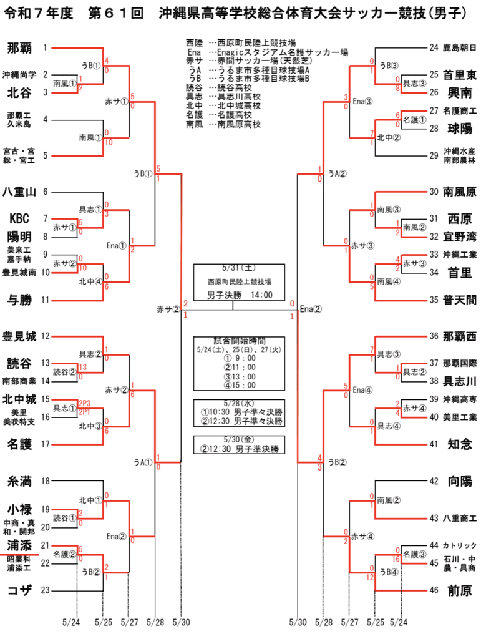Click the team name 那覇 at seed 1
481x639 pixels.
[x=19, y=48]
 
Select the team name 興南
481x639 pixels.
[x=459, y=93]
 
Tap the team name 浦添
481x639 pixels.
[x=19, y=545]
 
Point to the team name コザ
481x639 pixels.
[x=19, y=590]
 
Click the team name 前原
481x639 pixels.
[x=459, y=590]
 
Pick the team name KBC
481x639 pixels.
[x=19, y=218]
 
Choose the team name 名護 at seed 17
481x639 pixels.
[x=19, y=444]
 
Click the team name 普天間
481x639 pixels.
[x=459, y=300]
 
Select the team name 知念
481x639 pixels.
[x=459, y=444]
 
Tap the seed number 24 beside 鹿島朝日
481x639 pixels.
[x=434, y=47]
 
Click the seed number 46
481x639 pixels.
[x=434, y=590]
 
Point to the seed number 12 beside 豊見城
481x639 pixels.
[x=45, y=336]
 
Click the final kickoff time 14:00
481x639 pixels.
[x=261, y=295]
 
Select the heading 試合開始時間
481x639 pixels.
[x=239, y=341]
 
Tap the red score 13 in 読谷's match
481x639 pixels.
[x=83, y=367]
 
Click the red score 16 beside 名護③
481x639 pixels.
[x=396, y=559]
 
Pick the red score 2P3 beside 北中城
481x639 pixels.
[x=85, y=404]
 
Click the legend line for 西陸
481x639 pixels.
[x=241, y=43]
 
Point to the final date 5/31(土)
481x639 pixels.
[x=239, y=268]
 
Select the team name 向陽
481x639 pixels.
[x=459, y=481]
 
